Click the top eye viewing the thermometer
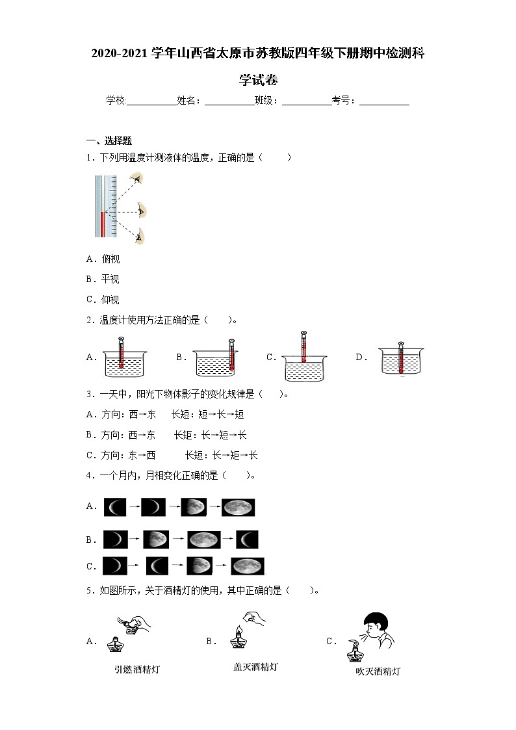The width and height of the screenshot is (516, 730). click(136, 177)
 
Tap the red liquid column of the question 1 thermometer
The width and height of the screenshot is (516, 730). click(102, 224)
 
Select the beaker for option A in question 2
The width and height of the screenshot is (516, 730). click(125, 365)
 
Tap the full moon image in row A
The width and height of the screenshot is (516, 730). click(238, 507)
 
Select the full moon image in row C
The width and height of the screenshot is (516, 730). click(247, 566)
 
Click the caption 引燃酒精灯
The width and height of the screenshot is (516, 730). click(136, 669)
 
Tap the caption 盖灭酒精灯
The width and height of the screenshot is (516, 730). click(255, 666)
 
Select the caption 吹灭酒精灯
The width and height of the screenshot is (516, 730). click(378, 671)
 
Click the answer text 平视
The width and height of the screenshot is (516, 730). click(110, 280)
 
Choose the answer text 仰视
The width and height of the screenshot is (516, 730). click(110, 300)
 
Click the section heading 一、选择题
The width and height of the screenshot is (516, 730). click(109, 140)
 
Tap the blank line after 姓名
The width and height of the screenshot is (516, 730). click(229, 101)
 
